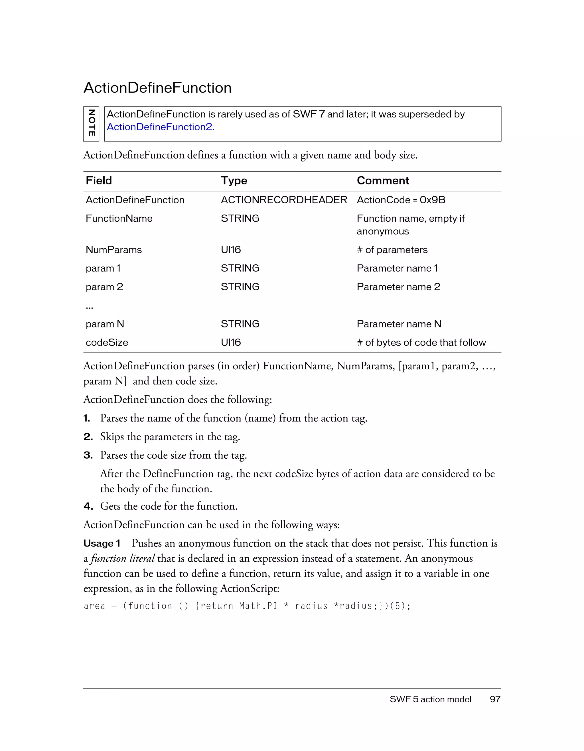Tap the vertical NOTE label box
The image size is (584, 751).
91,124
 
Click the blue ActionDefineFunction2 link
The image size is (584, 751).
159,127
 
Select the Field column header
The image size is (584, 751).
99,181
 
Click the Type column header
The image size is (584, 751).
234,181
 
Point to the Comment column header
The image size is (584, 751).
383,181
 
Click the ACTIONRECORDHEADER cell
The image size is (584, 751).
284,200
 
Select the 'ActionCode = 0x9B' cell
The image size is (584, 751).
401,200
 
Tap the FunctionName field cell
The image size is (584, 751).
119,218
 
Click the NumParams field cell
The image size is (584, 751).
113,250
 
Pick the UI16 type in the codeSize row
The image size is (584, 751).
231,342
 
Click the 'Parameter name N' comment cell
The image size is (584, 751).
399,324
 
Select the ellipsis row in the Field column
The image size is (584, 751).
89,306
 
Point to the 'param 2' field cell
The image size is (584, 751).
104,287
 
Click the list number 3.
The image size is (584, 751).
88,455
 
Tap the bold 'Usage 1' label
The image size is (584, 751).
102,543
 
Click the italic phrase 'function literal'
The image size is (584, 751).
123,558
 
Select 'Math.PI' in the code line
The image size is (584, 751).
258,606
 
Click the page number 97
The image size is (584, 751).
495,699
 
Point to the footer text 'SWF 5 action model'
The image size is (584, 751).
430,699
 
